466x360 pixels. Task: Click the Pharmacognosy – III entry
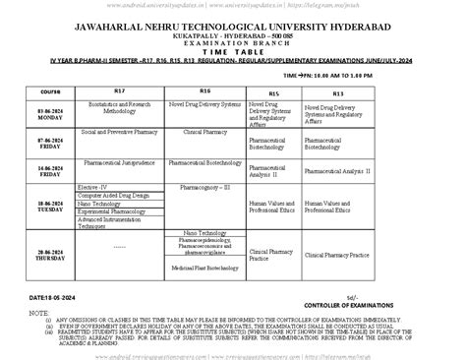click(x=203, y=186)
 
